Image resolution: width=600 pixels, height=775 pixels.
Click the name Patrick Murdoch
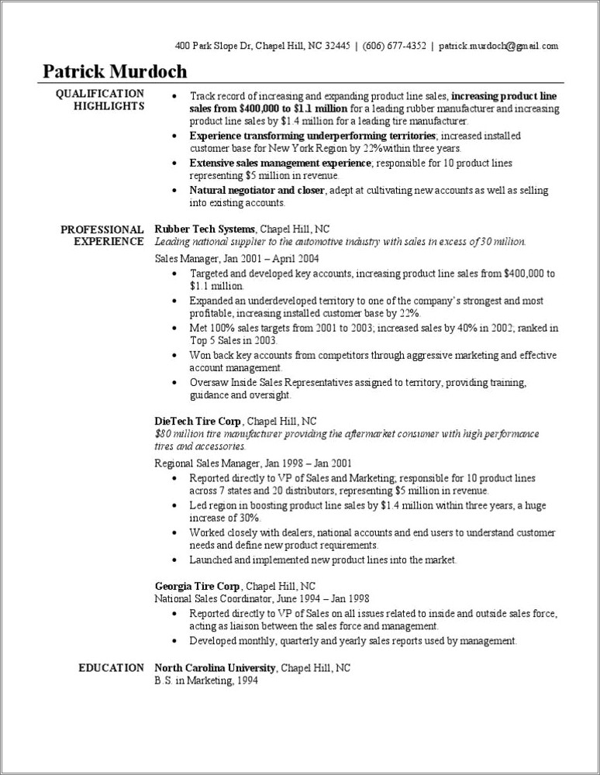[115, 71]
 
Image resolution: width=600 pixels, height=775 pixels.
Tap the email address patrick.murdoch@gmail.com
[498, 46]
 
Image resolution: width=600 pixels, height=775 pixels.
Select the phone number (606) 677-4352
[394, 46]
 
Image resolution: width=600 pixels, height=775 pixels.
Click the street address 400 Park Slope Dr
[214, 46]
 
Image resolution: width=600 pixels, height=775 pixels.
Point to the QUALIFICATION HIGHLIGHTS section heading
[99, 100]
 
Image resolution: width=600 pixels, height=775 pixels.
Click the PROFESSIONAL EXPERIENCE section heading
[102, 236]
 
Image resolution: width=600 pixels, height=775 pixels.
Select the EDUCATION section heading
[111, 667]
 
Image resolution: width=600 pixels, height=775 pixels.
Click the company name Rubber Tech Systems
[205, 229]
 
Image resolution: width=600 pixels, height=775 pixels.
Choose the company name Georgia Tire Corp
[198, 585]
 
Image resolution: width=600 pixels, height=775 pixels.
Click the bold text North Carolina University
[215, 667]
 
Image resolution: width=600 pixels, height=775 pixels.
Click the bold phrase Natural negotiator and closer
[257, 190]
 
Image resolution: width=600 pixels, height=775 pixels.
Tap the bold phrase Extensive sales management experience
[281, 163]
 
